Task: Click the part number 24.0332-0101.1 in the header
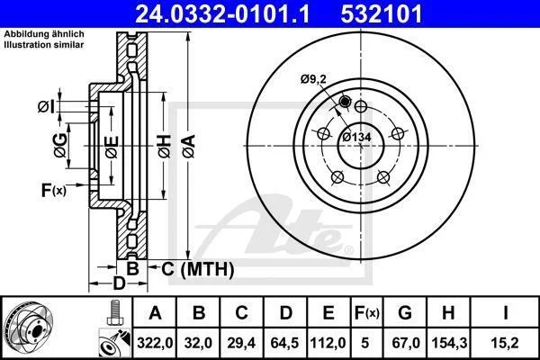222,13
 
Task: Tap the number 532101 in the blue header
382,13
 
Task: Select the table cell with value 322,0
155,343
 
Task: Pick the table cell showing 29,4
241,343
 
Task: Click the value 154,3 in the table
449,343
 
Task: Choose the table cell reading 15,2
505,343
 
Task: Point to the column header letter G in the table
405,313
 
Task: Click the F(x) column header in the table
367,313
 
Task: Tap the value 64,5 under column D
284,343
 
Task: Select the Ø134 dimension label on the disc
356,137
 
